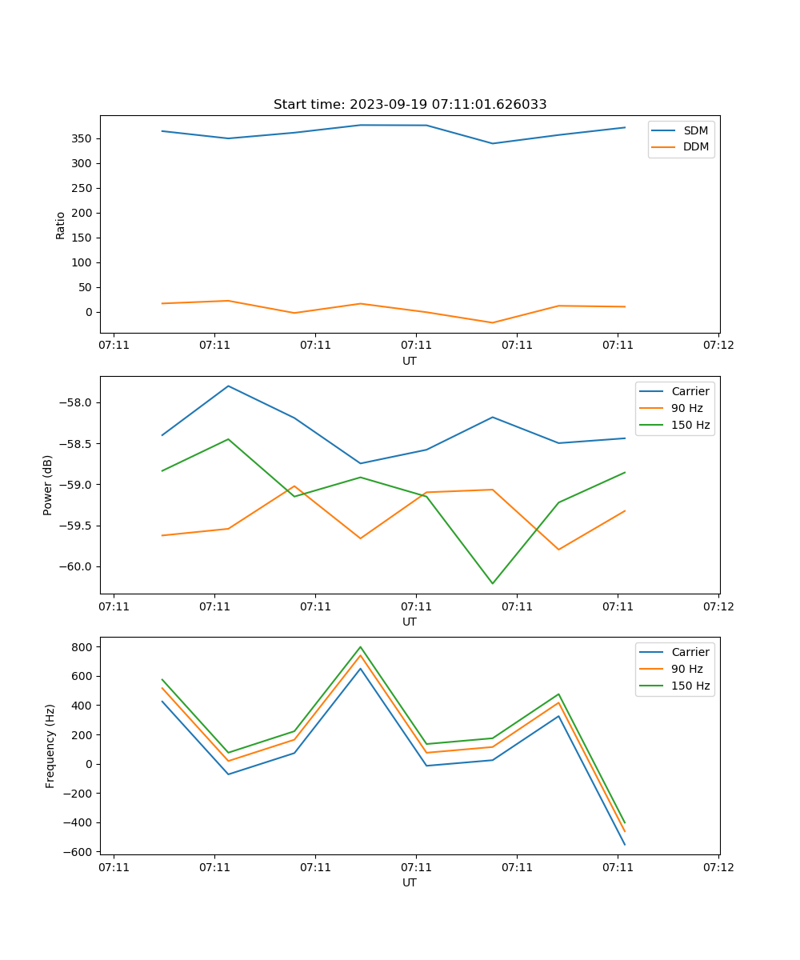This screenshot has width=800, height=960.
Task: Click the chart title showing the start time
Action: [x=410, y=105]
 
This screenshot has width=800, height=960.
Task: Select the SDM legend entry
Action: [x=695, y=130]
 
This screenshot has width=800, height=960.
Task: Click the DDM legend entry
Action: [x=695, y=147]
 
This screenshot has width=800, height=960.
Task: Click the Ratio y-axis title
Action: [x=61, y=225]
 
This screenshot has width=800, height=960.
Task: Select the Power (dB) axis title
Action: [x=48, y=485]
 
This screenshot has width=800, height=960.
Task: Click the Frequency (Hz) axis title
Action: [x=50, y=746]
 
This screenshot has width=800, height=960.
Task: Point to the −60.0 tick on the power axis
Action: [x=78, y=566]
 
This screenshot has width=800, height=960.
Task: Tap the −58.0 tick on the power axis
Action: [x=78, y=402]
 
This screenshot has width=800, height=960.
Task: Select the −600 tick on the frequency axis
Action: [x=82, y=852]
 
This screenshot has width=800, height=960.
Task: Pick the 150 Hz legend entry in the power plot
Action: [x=690, y=425]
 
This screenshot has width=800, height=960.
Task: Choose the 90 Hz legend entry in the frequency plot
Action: [x=687, y=669]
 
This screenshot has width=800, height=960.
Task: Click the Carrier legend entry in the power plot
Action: [x=690, y=391]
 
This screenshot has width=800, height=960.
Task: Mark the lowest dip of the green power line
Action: [x=492, y=583]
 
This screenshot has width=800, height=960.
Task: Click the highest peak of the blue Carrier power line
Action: [x=229, y=386]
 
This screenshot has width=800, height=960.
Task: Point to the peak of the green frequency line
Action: [x=360, y=646]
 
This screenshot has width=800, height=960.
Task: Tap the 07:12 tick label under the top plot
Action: [x=718, y=345]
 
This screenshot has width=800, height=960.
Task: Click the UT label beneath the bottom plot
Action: [x=410, y=882]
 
